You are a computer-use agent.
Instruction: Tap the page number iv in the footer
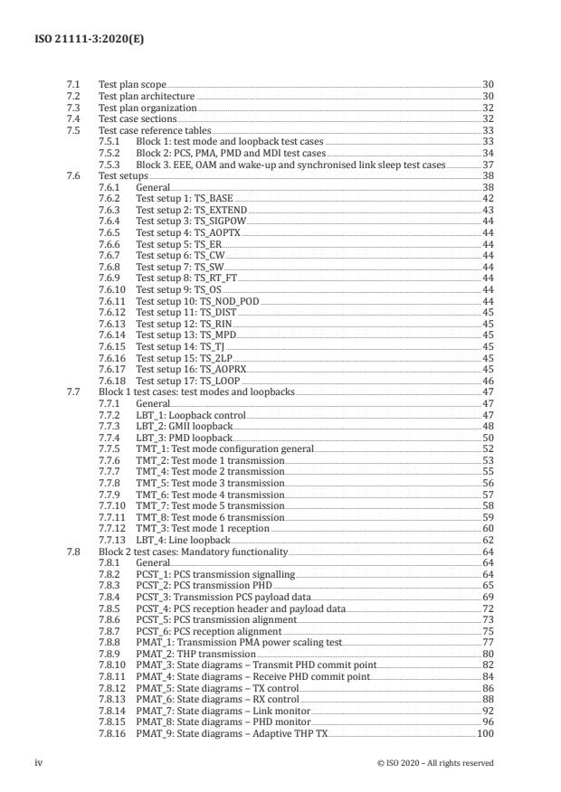pos(71,762)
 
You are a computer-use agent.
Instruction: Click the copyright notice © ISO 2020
pos(435,763)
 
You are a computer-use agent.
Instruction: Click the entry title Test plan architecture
pos(146,95)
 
